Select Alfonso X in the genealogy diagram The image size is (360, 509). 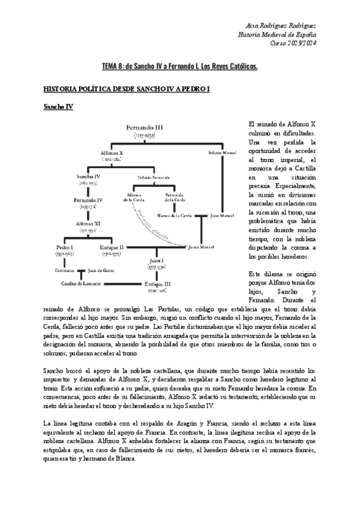click(112, 154)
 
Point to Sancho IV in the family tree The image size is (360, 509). click(88, 177)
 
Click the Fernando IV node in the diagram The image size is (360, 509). click(88, 200)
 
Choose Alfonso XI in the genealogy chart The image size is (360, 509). click(88, 223)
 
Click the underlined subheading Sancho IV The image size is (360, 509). click(58, 107)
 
